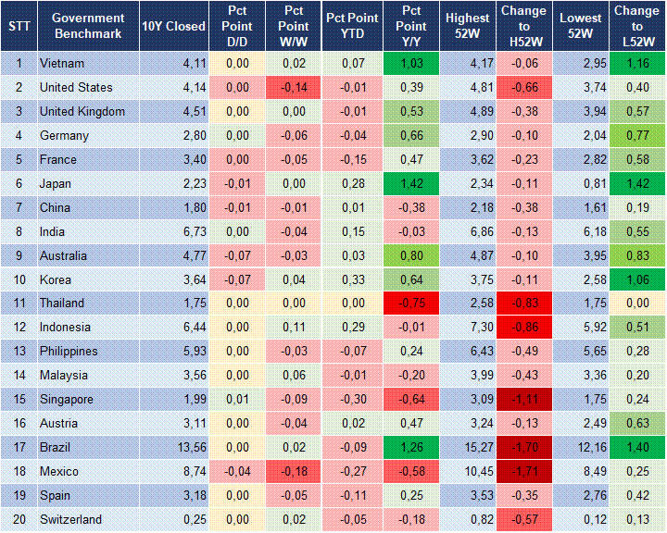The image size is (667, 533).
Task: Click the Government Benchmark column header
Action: [88, 26]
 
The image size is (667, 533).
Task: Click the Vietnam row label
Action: [62, 64]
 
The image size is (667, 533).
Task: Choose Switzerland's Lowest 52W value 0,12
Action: [583, 520]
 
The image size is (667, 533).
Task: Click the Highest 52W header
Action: [467, 26]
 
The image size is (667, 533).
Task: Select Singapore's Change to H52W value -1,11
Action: [525, 400]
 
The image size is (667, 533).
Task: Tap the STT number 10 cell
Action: [19, 279]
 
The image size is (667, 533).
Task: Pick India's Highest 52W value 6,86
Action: [467, 232]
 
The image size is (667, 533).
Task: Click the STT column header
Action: [19, 26]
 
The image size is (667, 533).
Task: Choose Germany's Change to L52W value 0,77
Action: [636, 136]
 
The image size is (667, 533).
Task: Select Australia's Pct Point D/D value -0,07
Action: [237, 255]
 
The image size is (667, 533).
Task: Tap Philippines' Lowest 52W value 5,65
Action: [583, 352]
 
